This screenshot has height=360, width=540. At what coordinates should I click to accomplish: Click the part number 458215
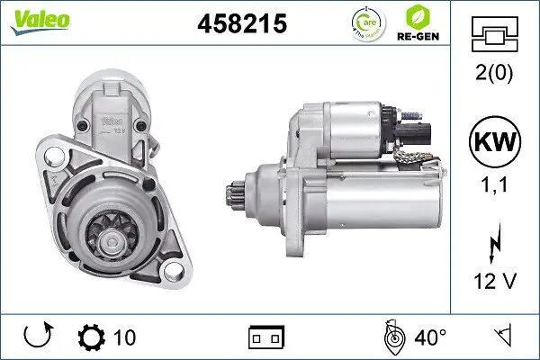[x=241, y=25]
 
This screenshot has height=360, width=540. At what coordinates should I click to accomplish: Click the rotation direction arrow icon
[x=39, y=337]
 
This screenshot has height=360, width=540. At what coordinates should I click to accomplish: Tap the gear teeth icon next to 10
[x=92, y=337]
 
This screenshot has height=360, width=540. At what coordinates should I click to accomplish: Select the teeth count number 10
[x=125, y=337]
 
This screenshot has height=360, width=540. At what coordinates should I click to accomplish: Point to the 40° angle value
[x=430, y=337]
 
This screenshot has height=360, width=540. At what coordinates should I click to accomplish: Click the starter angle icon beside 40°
[x=392, y=337]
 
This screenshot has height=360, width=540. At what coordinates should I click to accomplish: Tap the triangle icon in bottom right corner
[x=504, y=337]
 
